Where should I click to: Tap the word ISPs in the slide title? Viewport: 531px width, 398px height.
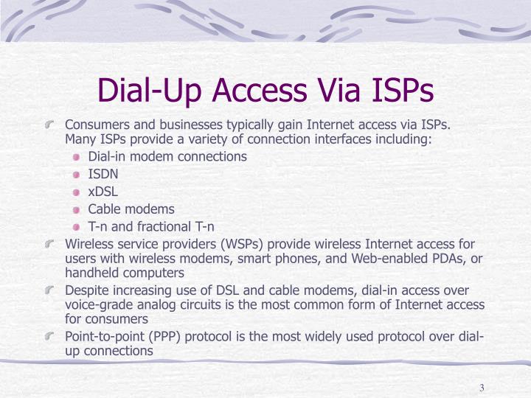(403, 90)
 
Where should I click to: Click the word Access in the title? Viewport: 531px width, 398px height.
(260, 90)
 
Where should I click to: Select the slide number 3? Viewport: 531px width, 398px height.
(482, 388)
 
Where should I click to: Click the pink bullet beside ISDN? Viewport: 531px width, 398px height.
(76, 175)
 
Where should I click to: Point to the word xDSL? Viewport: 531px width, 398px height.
(103, 192)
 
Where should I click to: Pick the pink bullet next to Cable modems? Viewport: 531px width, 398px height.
(76, 210)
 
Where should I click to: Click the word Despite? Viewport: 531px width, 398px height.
(87, 290)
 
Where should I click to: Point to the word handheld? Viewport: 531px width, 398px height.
(91, 273)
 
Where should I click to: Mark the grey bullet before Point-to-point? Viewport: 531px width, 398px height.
(49, 336)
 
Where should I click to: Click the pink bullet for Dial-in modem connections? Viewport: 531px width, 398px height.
(76, 157)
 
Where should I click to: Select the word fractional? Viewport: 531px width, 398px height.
(164, 226)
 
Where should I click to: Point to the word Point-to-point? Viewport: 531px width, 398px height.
(105, 337)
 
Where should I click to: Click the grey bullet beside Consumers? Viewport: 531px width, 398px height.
(49, 125)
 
